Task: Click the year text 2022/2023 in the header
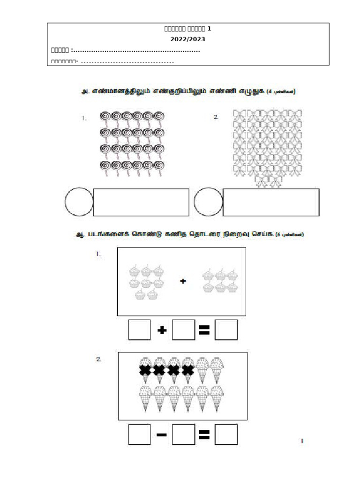point(188,39)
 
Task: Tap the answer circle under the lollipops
point(79,202)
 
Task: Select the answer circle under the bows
point(208,202)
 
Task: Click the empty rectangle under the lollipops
point(141,202)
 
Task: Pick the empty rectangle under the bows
point(271,202)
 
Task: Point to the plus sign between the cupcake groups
point(183,281)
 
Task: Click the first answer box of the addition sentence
point(139,331)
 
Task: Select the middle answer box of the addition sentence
point(183,331)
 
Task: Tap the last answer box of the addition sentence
point(226,331)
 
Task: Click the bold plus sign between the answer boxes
point(162,331)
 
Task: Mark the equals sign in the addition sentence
point(204,331)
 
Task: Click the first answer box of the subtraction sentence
point(139,436)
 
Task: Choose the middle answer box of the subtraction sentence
point(183,436)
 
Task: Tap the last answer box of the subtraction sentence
point(226,436)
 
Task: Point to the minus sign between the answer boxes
point(162,436)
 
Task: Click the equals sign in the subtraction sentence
point(204,436)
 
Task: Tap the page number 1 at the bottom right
point(302,441)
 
